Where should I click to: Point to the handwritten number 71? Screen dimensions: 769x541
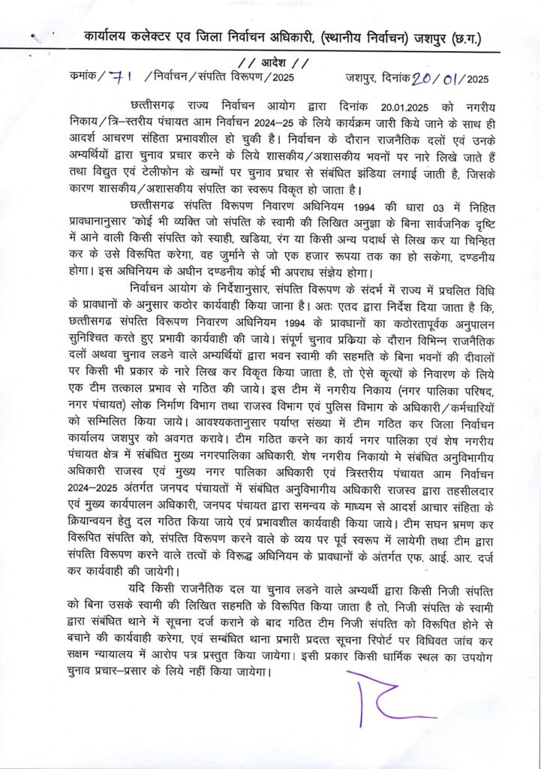pos(119,76)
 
